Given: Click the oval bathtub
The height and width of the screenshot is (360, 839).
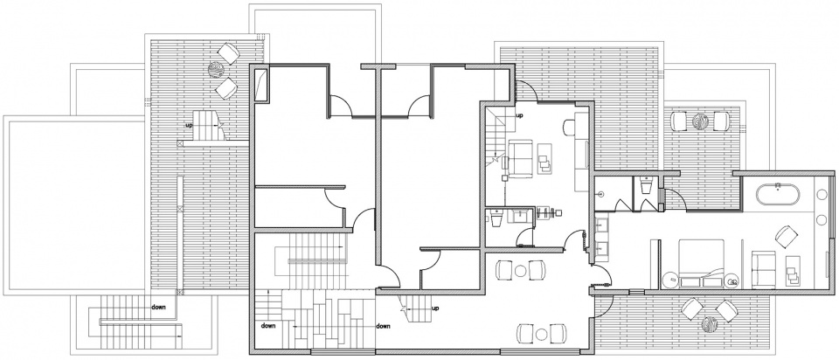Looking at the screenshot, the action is pos(778,194).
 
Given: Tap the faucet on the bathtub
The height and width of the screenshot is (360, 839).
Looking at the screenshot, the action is pos(778,185).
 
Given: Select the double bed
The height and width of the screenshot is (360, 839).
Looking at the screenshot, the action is pos(701,264).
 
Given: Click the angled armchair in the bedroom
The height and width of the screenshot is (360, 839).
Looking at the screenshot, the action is pos(786,237).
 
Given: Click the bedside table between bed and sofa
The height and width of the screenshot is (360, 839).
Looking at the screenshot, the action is pos(732,280).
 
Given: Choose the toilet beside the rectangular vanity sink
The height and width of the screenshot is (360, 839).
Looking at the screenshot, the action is pos(496,218).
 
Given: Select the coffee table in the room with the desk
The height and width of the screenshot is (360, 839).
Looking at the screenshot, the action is pos(545,158).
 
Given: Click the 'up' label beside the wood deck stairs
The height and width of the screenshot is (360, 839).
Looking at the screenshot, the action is pos(189,125).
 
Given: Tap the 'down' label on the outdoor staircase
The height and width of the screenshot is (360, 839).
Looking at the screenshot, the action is pos(158,307).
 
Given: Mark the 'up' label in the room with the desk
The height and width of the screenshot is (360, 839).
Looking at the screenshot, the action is pos(519,115).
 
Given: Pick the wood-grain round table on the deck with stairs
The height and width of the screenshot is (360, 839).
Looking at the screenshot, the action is pos(218,70).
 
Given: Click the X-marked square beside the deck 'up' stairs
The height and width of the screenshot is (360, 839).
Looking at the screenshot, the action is pos(180,143).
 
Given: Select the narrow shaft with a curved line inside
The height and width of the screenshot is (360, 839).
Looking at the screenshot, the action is pos(261,84).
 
